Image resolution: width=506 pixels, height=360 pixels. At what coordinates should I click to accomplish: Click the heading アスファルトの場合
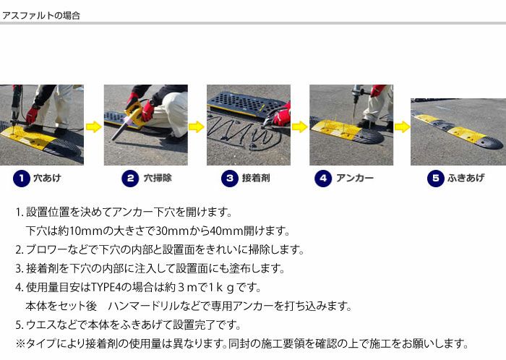click(41, 15)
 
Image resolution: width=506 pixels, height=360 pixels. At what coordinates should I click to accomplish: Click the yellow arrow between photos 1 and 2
click(93, 127)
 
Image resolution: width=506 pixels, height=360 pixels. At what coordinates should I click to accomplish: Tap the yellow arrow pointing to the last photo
click(402, 127)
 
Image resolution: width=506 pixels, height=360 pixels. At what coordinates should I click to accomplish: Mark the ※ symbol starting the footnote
click(20, 343)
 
